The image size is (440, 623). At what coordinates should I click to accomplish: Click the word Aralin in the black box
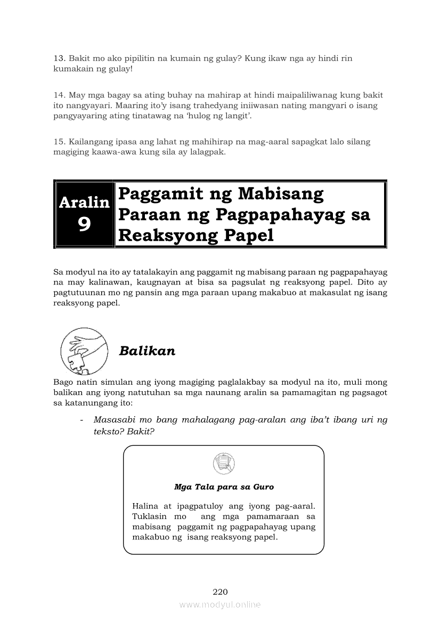click(x=84, y=203)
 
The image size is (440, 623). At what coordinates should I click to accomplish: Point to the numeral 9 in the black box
click(x=84, y=225)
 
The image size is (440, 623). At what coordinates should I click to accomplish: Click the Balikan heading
click(x=147, y=351)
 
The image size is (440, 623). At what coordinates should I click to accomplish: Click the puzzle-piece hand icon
click(x=85, y=351)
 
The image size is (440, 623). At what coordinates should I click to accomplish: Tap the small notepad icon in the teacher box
click(x=223, y=463)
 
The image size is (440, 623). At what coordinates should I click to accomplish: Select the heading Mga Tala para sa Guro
click(x=224, y=487)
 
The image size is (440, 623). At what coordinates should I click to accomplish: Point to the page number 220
click(x=220, y=592)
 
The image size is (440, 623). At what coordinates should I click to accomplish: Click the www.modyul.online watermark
click(x=220, y=604)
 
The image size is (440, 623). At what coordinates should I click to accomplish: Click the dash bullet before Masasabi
click(x=81, y=420)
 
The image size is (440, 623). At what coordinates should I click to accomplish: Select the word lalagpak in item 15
click(x=208, y=152)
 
